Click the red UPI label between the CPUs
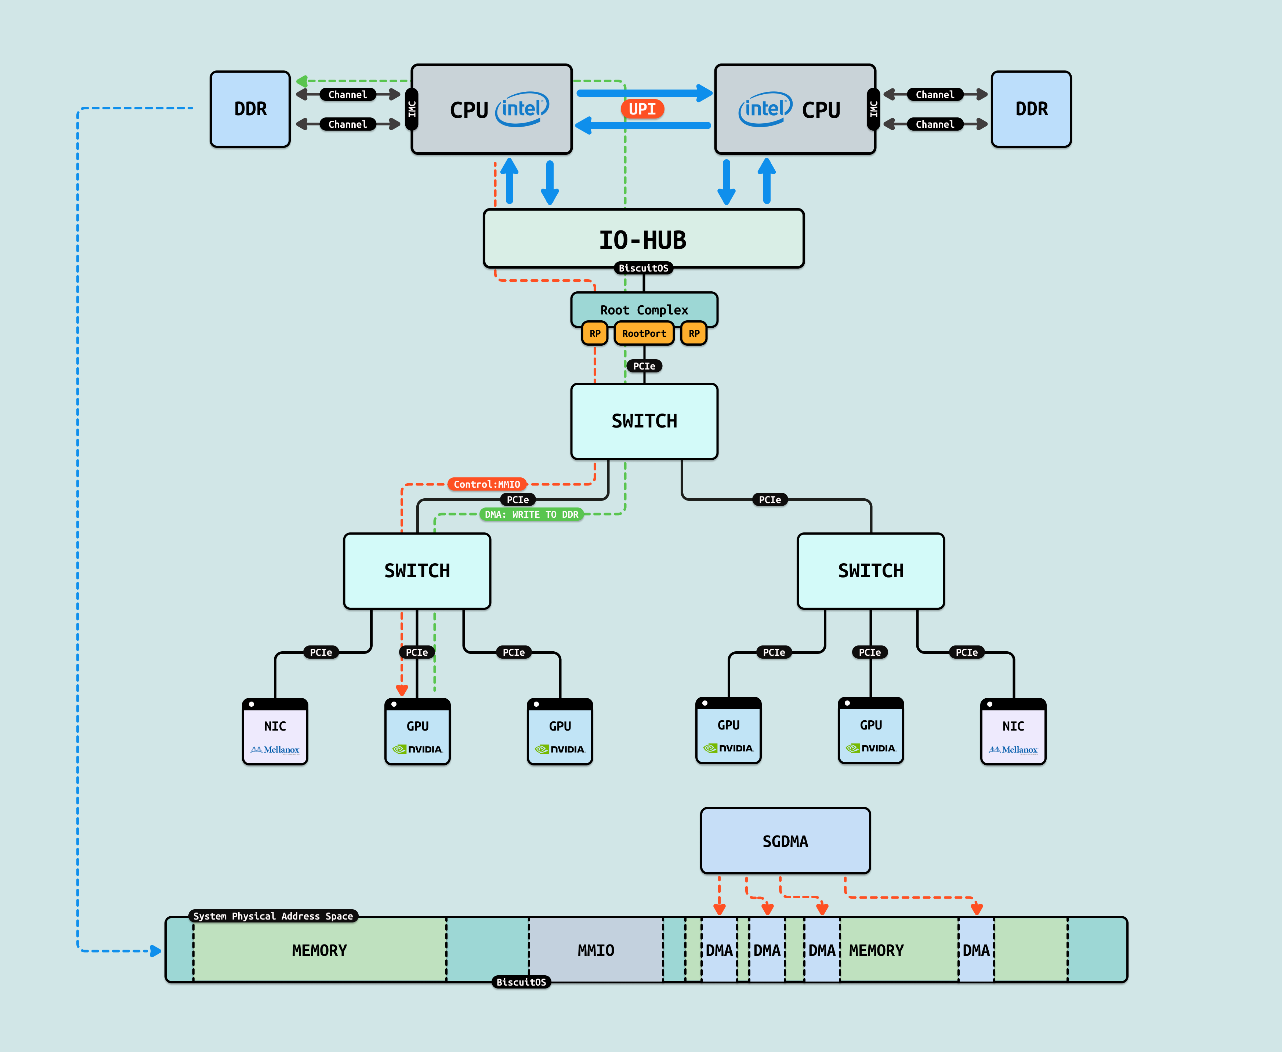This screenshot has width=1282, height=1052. (x=642, y=109)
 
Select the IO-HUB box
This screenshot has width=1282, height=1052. (x=643, y=239)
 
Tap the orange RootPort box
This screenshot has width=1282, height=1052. (x=644, y=333)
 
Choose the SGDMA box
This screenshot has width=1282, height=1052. (x=785, y=841)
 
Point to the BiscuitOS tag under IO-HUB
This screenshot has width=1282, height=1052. (x=643, y=268)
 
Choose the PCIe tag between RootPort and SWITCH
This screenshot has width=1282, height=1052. (x=644, y=366)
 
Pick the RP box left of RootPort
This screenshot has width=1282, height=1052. (x=595, y=333)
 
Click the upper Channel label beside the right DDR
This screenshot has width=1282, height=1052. (x=935, y=95)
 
